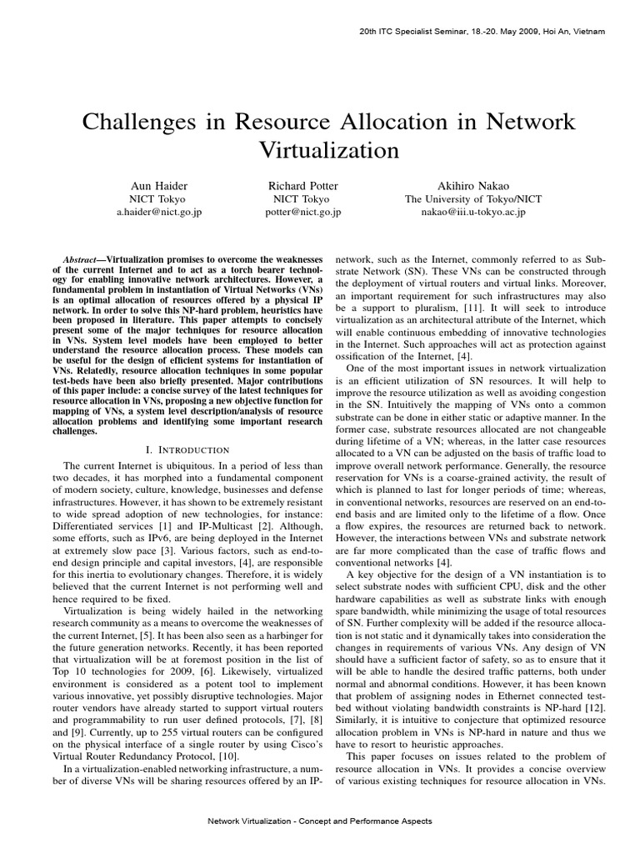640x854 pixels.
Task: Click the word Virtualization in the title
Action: point(321,151)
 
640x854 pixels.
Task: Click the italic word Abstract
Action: point(86,260)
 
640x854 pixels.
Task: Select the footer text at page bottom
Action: point(320,821)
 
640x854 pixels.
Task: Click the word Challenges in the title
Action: point(141,122)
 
